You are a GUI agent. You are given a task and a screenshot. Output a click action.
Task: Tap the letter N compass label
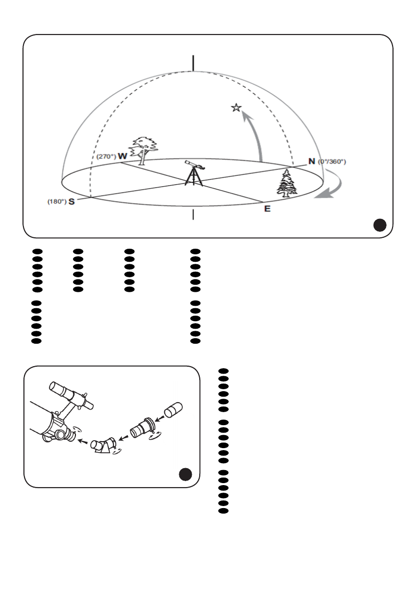pos(312,161)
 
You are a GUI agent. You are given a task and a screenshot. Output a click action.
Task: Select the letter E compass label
pos(267,209)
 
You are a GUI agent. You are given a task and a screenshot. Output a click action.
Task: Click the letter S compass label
pos(72,203)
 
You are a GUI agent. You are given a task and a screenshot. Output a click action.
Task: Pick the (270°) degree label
pos(106,156)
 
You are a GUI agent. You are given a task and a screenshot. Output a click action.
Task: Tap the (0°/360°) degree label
pos(332,162)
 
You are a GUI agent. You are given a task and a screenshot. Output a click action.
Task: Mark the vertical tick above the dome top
pos(193,63)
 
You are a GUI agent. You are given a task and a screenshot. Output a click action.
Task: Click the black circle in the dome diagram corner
pos(380,226)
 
